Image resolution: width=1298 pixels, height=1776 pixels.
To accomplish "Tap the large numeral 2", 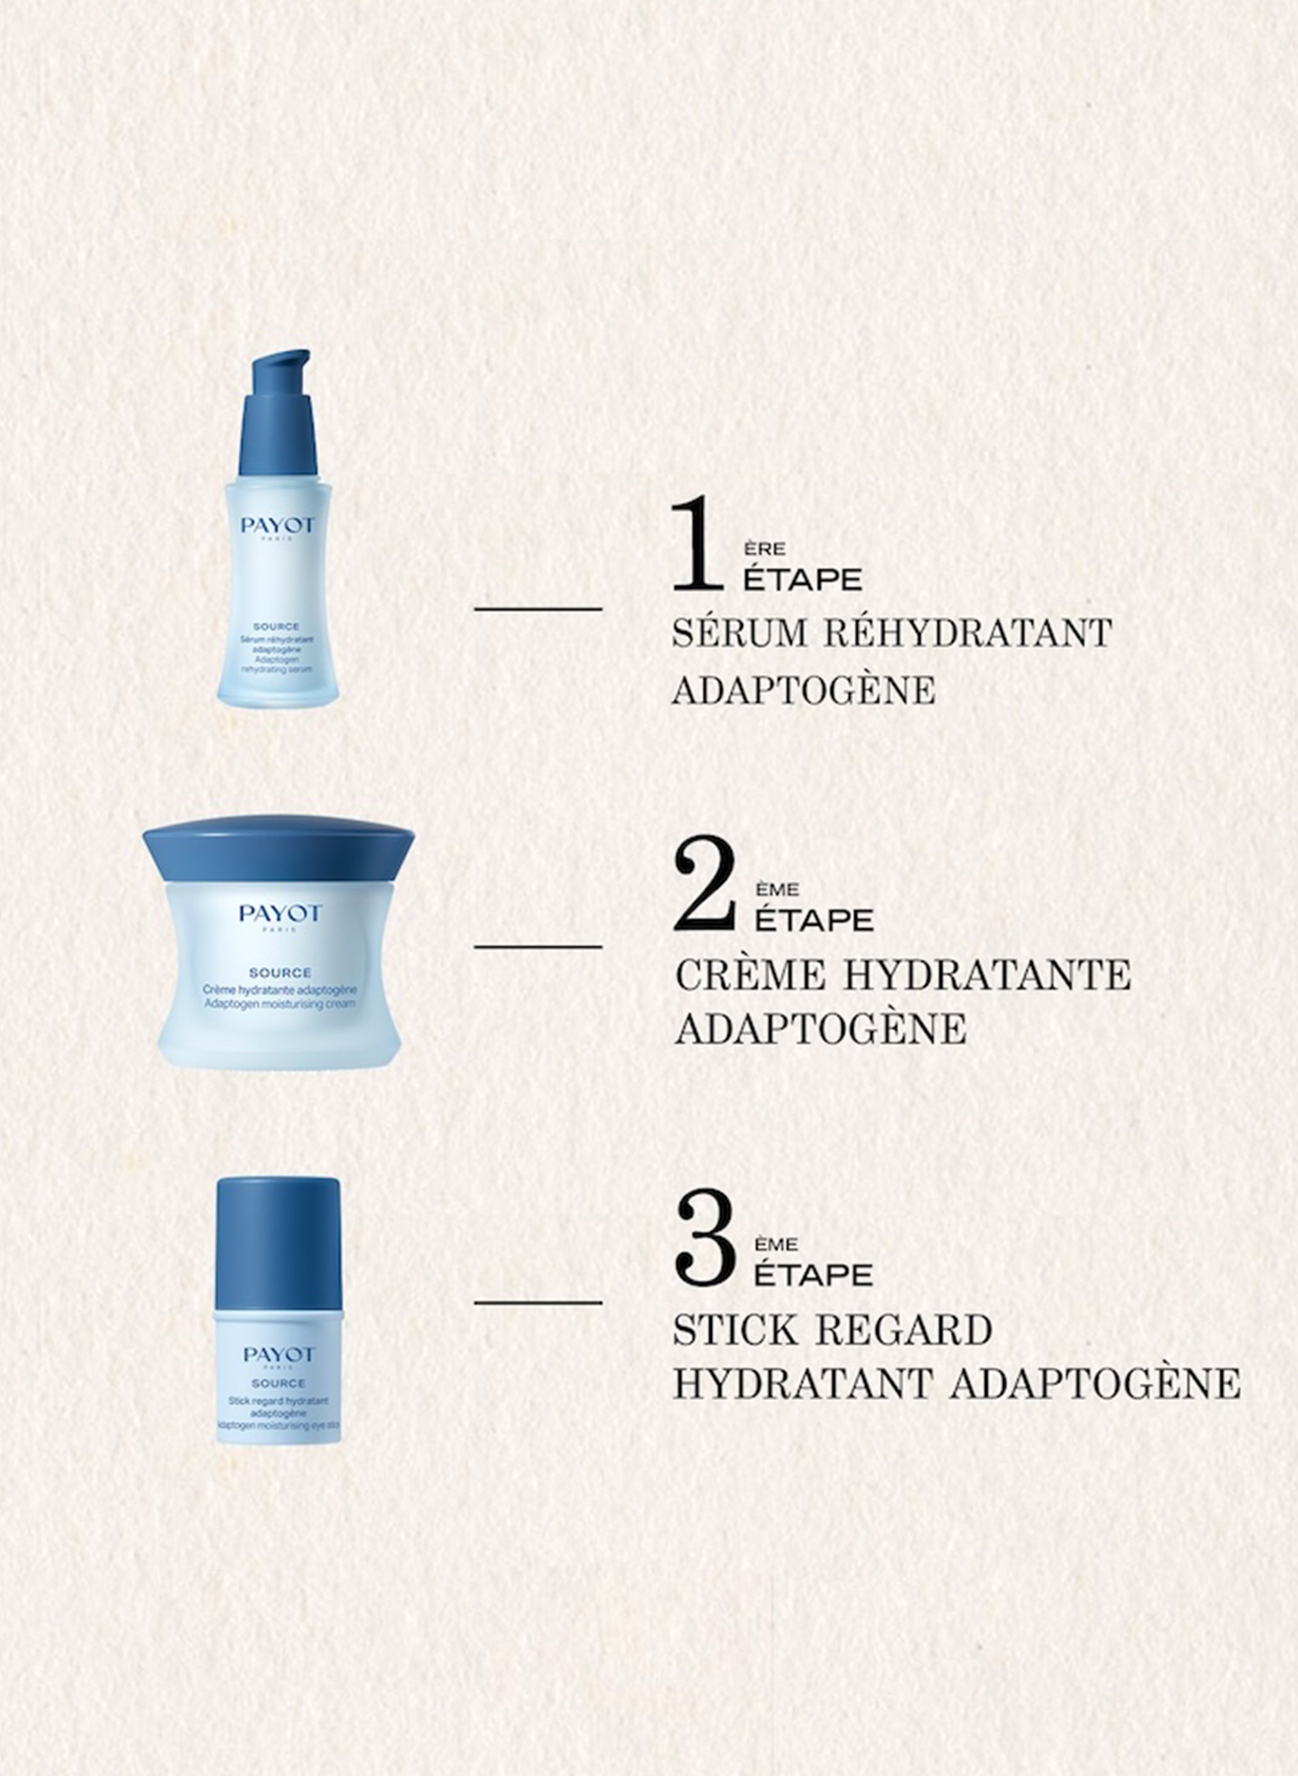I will (x=705, y=884).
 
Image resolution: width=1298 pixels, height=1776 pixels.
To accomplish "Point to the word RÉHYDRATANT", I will (x=968, y=633).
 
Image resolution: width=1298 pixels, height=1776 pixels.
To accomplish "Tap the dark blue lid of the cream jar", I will (x=278, y=849).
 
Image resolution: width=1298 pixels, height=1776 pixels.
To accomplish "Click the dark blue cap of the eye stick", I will (x=278, y=1243).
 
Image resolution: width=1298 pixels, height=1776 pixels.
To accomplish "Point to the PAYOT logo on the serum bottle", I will (x=278, y=524).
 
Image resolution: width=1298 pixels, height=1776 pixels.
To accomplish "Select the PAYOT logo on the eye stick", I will (x=278, y=1355).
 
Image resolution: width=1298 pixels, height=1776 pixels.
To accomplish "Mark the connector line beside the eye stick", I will (x=538, y=1303).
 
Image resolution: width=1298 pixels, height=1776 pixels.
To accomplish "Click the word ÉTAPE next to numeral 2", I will (x=814, y=920).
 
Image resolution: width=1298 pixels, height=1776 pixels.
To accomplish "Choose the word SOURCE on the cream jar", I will (x=280, y=972).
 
